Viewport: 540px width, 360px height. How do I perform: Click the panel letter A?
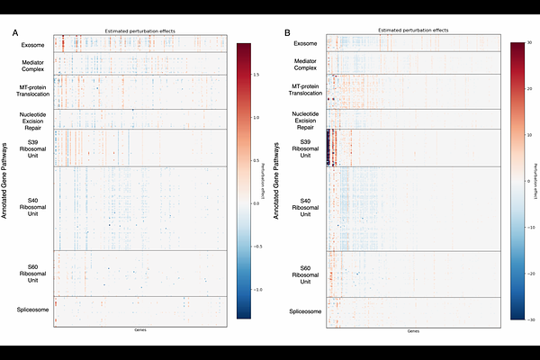(15, 33)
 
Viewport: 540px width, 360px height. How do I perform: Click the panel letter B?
(287, 33)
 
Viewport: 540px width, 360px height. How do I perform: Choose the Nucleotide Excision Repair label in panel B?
(305, 120)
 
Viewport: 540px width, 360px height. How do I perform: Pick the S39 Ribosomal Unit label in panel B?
(305, 149)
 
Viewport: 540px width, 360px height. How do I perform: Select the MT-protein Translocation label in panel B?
(305, 90)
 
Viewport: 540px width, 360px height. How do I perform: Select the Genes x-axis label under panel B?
(412, 331)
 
